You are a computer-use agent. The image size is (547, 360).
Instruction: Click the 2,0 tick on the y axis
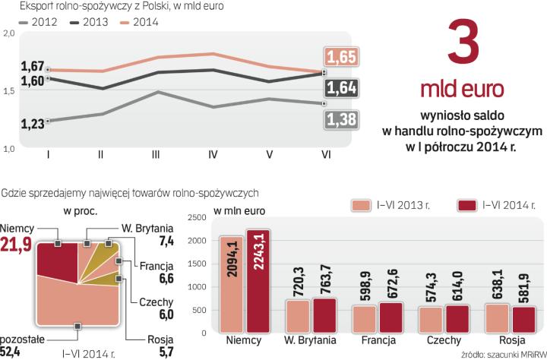point(8,34)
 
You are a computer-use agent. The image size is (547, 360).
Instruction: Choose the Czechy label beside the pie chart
point(155,302)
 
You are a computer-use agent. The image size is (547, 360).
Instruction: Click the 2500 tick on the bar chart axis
point(195,218)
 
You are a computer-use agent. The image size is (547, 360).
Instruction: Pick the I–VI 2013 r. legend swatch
point(362,205)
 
